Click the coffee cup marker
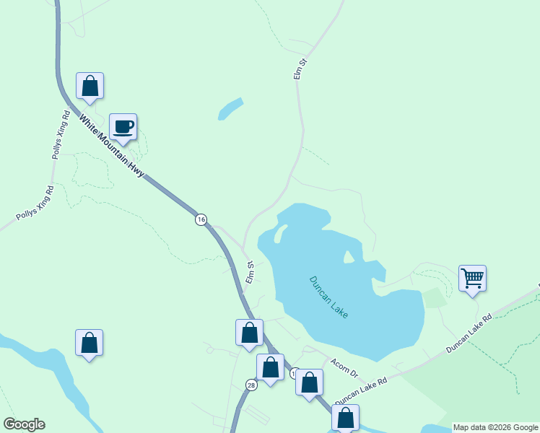(x=123, y=127)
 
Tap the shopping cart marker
(x=472, y=278)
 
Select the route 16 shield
(x=201, y=219)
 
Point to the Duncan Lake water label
(x=329, y=296)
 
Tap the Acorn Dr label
(x=344, y=368)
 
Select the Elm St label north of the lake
(x=300, y=69)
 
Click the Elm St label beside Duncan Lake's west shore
(x=250, y=273)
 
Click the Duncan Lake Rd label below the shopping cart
(x=469, y=333)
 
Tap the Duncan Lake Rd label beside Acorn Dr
(x=361, y=390)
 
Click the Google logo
(x=24, y=424)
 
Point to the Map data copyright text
(x=495, y=427)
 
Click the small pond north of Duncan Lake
(x=230, y=109)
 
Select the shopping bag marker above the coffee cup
(x=90, y=85)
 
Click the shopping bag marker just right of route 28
(x=270, y=367)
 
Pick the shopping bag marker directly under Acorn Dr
(x=309, y=382)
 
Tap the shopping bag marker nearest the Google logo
(x=89, y=342)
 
